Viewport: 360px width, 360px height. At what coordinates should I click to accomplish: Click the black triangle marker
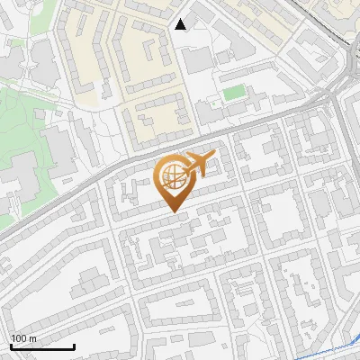point(181,24)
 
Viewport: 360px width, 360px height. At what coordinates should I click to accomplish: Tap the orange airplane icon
point(194,165)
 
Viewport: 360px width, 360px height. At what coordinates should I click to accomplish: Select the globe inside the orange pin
point(173,176)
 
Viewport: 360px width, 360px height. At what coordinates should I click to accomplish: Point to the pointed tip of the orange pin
point(174,211)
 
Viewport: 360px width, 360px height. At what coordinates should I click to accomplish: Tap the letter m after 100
point(33,338)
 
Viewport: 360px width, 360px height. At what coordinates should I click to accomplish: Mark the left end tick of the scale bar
point(11,346)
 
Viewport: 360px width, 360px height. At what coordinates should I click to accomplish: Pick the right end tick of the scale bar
point(74,346)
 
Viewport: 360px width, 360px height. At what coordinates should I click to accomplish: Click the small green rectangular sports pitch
point(234,92)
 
